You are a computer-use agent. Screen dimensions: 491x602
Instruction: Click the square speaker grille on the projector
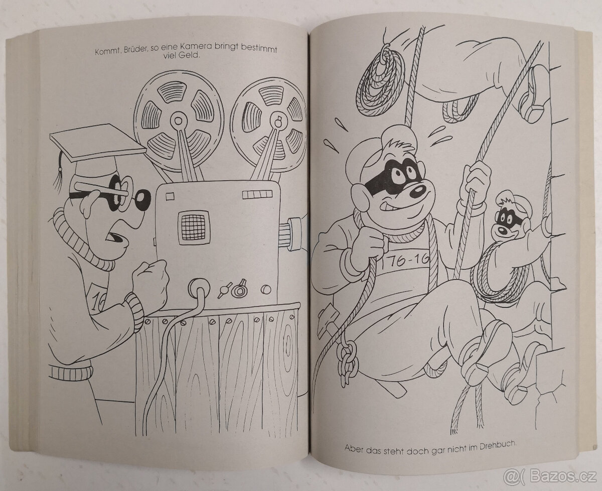tap(193, 227)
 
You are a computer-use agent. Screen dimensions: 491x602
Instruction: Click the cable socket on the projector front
tap(200, 289)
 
